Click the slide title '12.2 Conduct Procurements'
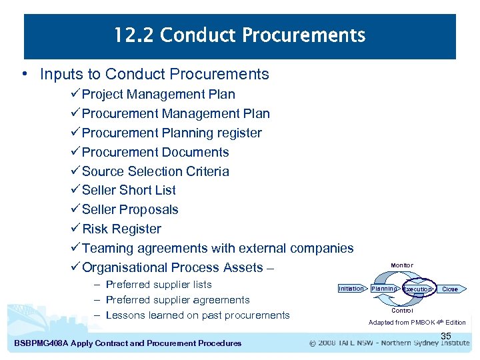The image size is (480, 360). click(239, 35)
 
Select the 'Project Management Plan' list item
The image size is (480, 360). click(158, 94)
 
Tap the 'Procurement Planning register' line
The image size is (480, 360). click(171, 133)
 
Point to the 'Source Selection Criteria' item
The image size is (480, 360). click(155, 171)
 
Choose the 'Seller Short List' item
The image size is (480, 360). click(129, 190)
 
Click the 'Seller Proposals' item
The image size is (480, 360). click(130, 209)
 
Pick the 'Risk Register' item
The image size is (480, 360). click(121, 229)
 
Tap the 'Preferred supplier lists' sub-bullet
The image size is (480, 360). click(159, 285)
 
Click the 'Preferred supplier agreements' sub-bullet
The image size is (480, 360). click(177, 300)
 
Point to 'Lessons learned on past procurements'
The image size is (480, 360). click(197, 315)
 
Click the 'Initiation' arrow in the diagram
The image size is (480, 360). click(351, 289)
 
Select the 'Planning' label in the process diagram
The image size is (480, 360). click(383, 289)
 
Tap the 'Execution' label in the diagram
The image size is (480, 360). click(417, 289)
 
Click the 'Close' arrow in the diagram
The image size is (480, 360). click(450, 289)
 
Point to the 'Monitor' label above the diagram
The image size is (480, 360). click(401, 265)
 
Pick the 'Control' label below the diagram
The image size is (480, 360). click(402, 311)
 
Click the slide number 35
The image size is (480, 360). click(446, 336)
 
